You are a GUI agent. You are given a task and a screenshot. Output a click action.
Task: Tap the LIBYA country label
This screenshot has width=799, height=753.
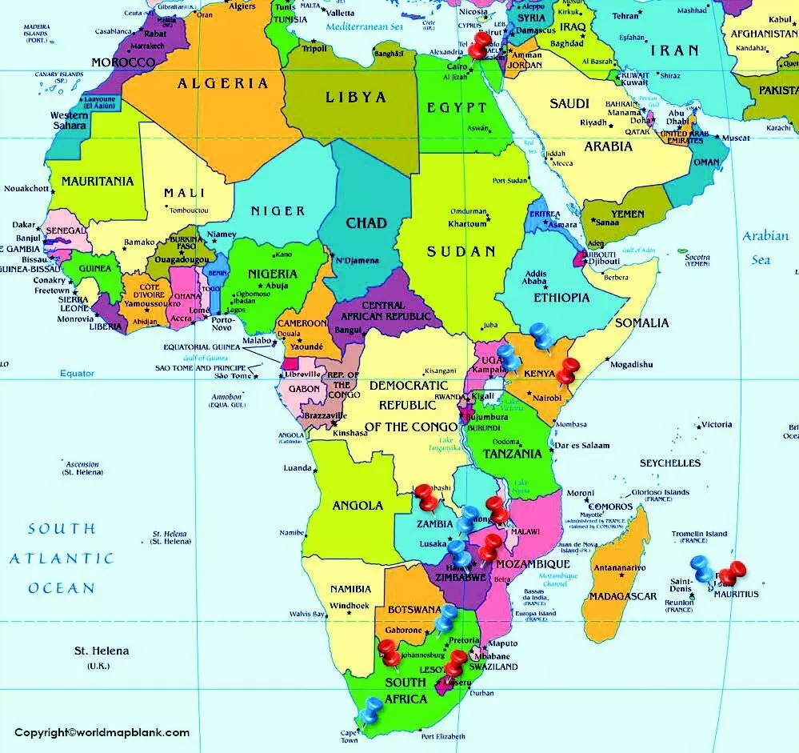pos(356,98)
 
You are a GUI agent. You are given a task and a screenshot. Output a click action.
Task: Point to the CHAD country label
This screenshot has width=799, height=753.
pos(366,222)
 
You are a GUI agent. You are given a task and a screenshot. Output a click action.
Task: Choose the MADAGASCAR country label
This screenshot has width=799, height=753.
pos(623,596)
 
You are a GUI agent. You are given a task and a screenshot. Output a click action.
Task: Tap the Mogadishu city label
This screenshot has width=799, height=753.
pos(631,365)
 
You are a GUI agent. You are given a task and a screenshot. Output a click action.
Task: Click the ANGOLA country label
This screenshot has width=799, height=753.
pos(358,506)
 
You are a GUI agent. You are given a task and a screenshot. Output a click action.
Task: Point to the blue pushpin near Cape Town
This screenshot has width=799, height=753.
pos(371,709)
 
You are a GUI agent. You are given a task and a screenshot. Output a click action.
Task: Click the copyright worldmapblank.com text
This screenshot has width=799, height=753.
pos(102,732)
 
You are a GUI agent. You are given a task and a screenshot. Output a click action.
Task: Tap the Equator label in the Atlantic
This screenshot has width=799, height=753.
pos(77,374)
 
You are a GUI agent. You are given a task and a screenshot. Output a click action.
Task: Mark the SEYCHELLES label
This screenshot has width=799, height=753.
pos(669,463)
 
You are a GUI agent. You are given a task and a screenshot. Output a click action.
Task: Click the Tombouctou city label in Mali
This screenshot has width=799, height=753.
pos(190,210)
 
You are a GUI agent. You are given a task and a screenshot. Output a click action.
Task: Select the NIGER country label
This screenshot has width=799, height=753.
pos(278,211)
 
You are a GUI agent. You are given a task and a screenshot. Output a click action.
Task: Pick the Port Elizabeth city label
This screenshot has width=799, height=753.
pos(454,736)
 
